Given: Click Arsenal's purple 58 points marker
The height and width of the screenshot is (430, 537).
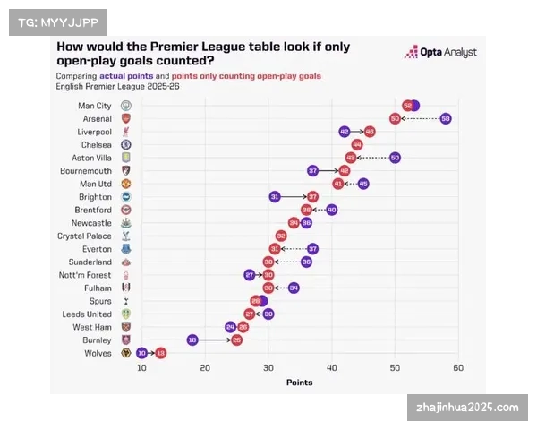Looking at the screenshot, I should click(446, 118).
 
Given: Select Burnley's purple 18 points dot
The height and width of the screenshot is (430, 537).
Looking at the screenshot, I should click(192, 340).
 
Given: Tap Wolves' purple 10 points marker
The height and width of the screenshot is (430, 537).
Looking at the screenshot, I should click(142, 353).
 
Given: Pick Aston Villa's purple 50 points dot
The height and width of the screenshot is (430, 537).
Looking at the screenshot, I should click(395, 158).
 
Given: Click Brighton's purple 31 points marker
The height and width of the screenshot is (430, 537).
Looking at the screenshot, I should click(275, 196).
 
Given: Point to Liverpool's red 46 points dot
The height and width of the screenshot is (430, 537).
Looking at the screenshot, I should click(370, 132).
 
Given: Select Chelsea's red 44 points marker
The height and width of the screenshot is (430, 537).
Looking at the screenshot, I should click(357, 144).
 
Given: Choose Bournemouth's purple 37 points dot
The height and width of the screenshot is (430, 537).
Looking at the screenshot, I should click(312, 170).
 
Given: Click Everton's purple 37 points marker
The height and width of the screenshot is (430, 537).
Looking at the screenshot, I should click(312, 249).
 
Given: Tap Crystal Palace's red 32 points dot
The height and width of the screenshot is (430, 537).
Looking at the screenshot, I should click(281, 236).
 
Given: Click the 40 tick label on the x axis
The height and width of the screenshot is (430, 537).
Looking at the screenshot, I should click(331, 368).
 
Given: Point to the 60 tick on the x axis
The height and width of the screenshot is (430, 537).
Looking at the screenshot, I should click(458, 368).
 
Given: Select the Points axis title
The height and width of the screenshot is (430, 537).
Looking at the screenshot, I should click(300, 383).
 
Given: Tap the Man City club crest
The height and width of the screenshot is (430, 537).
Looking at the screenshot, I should click(125, 106).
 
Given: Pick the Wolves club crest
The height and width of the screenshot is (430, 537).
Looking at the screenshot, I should click(125, 353).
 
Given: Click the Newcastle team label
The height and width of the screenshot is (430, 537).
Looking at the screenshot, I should click(92, 223).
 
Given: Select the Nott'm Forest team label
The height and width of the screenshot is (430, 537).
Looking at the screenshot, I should click(85, 275).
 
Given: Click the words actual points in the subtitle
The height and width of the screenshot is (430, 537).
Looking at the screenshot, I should click(124, 76).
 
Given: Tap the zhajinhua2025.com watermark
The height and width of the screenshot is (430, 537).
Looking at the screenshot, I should click(467, 408).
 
